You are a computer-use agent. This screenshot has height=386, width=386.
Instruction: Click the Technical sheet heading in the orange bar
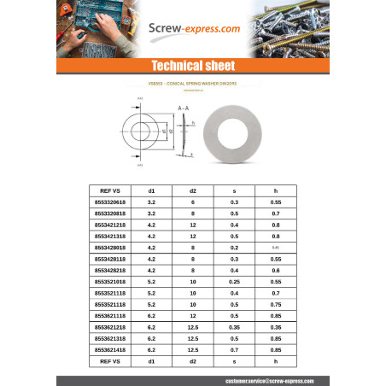coord(192,66)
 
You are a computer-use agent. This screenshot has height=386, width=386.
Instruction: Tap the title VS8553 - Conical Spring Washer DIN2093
coord(192,84)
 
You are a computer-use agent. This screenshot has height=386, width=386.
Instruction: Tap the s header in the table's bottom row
coord(234,362)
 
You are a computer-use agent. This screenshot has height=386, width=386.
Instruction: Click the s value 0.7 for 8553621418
coord(234,350)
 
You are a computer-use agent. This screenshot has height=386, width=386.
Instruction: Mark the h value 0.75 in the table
coord(276,304)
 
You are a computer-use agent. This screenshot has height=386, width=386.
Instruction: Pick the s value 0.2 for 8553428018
coord(234,247)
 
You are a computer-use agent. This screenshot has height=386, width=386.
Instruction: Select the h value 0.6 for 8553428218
coord(276,270)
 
